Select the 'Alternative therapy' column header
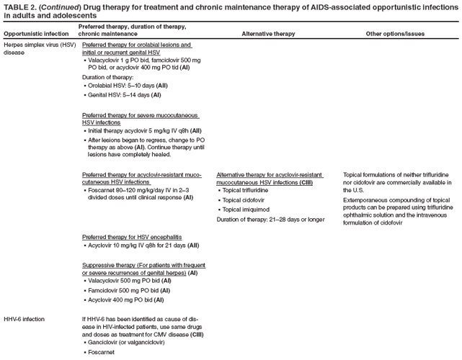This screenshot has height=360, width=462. (268, 34)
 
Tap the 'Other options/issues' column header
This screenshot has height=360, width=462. (395, 34)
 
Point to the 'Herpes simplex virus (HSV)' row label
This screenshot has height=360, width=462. (39, 45)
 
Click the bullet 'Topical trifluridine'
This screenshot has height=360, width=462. (247, 190)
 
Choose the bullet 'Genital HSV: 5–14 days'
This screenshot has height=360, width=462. (124, 94)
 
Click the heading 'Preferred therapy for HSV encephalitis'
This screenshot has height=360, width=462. (132, 237)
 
